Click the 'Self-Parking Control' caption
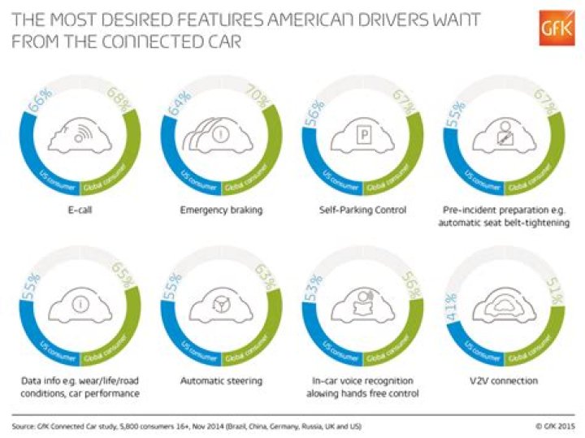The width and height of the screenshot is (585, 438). point(362,211)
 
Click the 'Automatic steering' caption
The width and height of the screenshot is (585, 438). point(220,381)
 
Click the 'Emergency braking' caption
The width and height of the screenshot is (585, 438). point(221,211)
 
